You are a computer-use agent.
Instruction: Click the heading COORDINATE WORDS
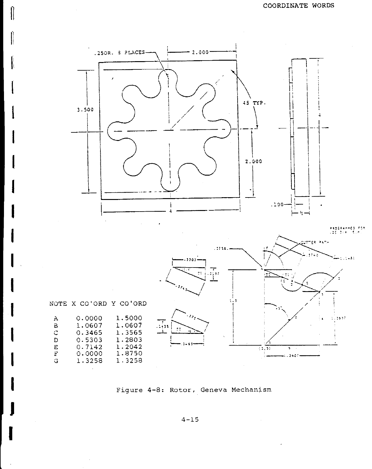click(x=299, y=6)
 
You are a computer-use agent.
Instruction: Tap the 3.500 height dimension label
click(x=85, y=110)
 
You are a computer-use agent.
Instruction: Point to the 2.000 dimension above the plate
click(x=200, y=52)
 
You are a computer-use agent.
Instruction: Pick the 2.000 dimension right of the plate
click(x=253, y=161)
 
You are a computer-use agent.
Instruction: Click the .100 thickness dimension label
click(x=277, y=205)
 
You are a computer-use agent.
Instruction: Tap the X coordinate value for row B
click(x=89, y=326)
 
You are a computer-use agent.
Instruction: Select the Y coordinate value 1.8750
click(x=129, y=354)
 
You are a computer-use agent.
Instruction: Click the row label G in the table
click(x=56, y=361)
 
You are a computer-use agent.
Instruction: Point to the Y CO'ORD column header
click(x=129, y=304)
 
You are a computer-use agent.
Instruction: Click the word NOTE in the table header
click(x=58, y=304)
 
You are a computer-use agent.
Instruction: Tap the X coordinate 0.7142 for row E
click(x=89, y=347)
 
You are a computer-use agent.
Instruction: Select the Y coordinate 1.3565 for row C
click(x=129, y=333)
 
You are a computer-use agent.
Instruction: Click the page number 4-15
click(x=190, y=419)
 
